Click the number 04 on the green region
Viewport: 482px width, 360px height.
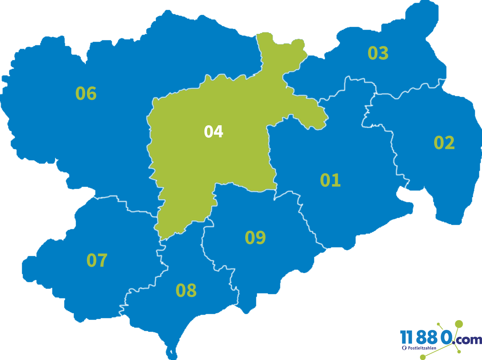[x=214, y=132]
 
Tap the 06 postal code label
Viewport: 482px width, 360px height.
[x=86, y=93]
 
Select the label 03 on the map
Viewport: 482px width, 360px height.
[x=378, y=53]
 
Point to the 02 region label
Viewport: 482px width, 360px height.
[x=444, y=143]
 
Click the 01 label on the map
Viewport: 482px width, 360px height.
[x=330, y=180]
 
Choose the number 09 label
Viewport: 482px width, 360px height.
[x=255, y=237]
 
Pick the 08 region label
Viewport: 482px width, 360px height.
[x=186, y=290]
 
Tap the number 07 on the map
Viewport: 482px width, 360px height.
[x=97, y=260]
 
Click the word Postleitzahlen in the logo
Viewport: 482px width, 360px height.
[x=422, y=348]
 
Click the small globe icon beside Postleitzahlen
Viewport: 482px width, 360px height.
[x=404, y=348]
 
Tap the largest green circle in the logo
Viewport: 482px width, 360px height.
[x=459, y=324]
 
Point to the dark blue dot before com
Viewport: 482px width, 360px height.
[x=453, y=343]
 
